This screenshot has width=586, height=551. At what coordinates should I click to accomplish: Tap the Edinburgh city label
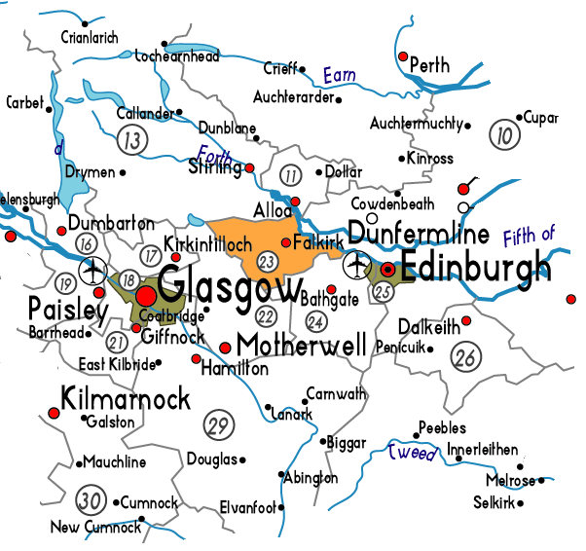pos(477,268)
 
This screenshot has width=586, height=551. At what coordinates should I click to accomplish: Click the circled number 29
pos(218,423)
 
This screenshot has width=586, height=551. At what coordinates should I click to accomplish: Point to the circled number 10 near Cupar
pos(503,135)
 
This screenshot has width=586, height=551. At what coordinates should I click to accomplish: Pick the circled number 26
pos(466,357)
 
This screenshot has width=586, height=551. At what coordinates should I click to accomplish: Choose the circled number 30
pos(90,500)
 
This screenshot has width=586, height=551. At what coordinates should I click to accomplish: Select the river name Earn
pos(340,74)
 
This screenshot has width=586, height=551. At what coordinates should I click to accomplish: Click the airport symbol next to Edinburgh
pos(357,264)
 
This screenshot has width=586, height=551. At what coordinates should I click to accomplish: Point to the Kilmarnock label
pos(126,399)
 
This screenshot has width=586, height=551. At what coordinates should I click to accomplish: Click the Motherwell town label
pos(302,346)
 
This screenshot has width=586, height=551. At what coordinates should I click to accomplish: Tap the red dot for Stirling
pos(250,168)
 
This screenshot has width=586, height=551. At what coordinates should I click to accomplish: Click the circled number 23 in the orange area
pos(267,262)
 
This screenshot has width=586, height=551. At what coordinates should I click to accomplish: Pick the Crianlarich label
pos(89,38)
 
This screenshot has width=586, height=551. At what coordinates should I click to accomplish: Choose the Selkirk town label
pos(494,503)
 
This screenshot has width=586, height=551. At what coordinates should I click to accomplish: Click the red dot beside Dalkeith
pos(466,320)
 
